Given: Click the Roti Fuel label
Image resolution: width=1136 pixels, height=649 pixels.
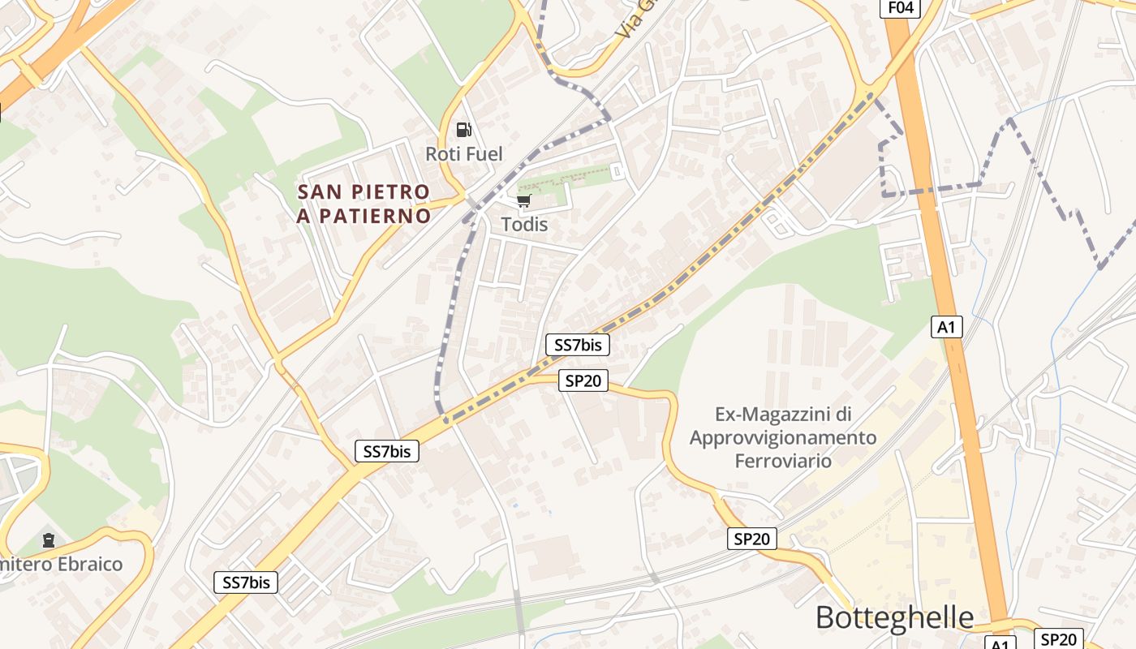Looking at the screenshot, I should (464, 153).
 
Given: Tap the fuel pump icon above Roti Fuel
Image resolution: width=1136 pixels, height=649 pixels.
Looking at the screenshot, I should (463, 129).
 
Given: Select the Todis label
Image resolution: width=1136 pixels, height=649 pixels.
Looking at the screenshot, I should (524, 224).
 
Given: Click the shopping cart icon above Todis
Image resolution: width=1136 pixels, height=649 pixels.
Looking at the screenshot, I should (523, 200).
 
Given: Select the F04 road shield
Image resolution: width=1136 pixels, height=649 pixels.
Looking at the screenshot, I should (901, 7).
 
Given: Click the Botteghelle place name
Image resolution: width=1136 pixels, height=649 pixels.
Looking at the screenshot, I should (894, 617).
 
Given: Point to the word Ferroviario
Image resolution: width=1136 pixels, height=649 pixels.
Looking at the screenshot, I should (783, 461).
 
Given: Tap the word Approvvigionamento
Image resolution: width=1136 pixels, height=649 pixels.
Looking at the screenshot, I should (783, 438).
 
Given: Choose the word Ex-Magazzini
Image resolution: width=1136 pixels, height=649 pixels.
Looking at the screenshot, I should (783, 415).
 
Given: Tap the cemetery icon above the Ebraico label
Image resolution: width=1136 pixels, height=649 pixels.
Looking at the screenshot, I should (49, 539).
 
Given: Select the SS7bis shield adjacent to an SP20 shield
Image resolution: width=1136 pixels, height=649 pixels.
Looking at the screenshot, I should (578, 345).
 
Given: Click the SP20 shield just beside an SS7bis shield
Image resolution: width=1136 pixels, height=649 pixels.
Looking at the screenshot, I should (583, 380).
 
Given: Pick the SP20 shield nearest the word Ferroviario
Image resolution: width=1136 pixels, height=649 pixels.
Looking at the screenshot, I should (751, 538).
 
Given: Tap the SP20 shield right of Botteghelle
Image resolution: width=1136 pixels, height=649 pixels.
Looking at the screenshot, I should (1059, 639).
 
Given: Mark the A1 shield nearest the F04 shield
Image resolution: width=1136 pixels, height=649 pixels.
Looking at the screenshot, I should (947, 327).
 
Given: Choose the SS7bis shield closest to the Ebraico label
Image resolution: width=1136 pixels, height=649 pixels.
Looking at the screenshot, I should (246, 582).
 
